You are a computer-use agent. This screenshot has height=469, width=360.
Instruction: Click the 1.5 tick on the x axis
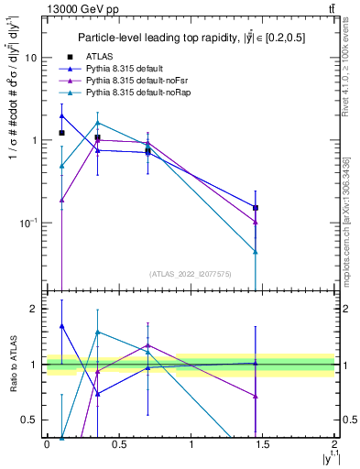click(x=263, y=443)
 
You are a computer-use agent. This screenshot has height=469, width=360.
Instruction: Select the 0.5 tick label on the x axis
click(x=118, y=443)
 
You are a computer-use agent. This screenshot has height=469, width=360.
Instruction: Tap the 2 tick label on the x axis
click(x=334, y=443)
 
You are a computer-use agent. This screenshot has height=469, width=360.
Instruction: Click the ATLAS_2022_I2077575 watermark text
click(x=191, y=274)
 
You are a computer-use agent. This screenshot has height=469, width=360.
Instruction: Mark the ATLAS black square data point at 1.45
click(x=256, y=208)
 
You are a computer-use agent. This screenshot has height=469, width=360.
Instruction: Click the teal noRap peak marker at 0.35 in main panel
click(x=97, y=123)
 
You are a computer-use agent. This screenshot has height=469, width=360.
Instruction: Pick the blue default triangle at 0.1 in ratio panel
click(x=61, y=325)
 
